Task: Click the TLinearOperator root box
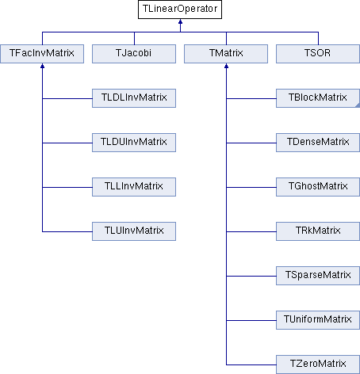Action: (x=180, y=10)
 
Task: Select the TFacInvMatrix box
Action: (x=42, y=54)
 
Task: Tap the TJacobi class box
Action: (x=134, y=54)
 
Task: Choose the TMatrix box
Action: (x=226, y=54)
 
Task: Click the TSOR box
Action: (x=318, y=54)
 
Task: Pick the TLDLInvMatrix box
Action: (x=134, y=98)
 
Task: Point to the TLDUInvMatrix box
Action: (x=134, y=143)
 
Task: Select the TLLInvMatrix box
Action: (x=134, y=187)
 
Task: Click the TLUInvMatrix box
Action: (x=134, y=231)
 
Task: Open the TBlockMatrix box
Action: (x=318, y=98)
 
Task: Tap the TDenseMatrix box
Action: (x=318, y=143)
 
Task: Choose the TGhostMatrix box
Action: (x=318, y=187)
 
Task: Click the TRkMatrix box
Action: (x=318, y=231)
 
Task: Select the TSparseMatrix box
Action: (x=318, y=276)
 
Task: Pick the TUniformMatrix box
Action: (x=318, y=320)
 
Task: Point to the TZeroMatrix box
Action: (x=318, y=364)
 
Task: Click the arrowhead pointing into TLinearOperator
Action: (x=180, y=21)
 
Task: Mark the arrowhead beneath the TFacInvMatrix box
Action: (x=42, y=66)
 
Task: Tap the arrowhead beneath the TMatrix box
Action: (x=226, y=66)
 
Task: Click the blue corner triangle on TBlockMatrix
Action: (x=358, y=105)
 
